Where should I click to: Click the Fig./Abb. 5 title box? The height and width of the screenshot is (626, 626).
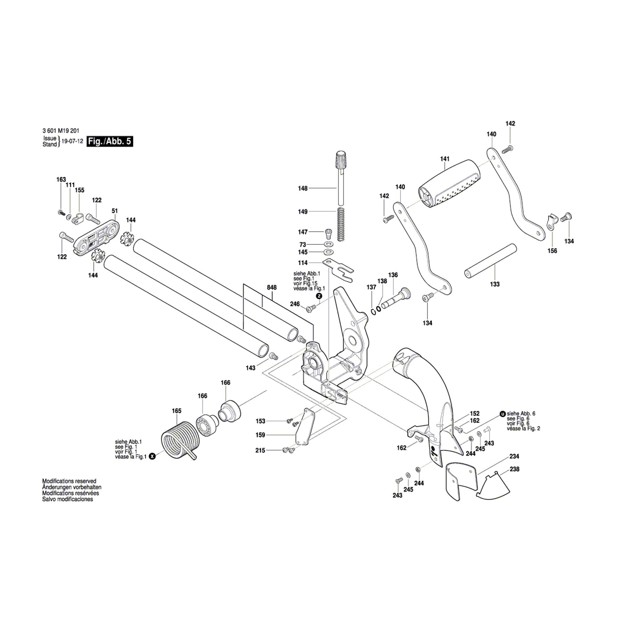110,141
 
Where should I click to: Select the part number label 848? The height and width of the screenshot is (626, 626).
272,287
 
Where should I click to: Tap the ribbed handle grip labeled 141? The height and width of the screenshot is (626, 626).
451,184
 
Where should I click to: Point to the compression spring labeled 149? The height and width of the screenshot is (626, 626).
340,224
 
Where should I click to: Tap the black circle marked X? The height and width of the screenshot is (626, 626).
152,457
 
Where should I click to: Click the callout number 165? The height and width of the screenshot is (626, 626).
177,411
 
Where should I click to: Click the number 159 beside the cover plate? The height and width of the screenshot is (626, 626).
260,435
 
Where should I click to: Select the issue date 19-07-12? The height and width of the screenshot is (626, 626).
72,141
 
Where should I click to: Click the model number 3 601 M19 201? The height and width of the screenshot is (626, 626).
61,131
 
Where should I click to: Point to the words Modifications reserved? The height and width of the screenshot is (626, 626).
69,481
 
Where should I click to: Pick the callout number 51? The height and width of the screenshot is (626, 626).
115,211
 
